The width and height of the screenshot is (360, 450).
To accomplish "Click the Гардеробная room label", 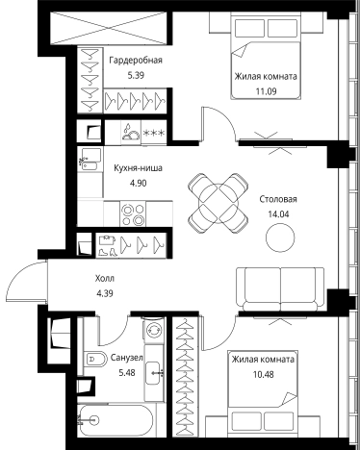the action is [136, 61].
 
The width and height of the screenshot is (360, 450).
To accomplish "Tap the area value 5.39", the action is [136, 76].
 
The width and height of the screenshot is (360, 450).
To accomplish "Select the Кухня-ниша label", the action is [138, 168].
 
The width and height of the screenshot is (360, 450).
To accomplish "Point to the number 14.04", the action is [278, 214].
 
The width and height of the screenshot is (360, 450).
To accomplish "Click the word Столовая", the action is [278, 199].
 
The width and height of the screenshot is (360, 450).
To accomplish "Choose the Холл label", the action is [105, 278].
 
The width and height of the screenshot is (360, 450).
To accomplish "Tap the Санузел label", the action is [127, 358].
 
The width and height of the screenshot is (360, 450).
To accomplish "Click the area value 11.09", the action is [266, 91].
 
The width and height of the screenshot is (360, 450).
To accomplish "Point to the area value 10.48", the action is [264, 374].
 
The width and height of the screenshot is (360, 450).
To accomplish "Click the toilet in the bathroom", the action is [95, 359].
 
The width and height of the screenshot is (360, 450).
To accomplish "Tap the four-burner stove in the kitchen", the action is [133, 213].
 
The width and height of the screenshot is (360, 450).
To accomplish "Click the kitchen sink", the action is [90, 160].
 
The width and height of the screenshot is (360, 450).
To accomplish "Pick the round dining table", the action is [219, 203].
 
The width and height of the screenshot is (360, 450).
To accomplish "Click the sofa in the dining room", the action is [280, 289].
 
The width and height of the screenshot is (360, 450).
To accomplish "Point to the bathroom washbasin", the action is [154, 373].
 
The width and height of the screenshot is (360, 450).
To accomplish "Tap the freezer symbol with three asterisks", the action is [154, 133].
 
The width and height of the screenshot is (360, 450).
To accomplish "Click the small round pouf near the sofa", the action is [280, 237].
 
